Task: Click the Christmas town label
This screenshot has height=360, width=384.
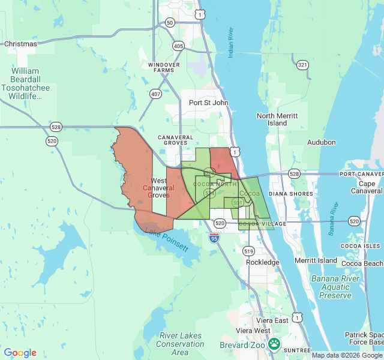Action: (20, 44)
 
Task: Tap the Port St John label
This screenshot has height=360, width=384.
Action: (208, 103)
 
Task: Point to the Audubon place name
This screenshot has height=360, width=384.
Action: (321, 142)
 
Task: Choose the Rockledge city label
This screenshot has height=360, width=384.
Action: (263, 262)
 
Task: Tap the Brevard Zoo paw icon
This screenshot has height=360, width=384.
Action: (274, 344)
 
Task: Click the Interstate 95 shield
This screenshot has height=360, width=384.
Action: (214, 238)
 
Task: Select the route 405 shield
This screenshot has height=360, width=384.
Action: (178, 46)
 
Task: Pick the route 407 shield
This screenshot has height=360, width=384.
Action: (155, 94)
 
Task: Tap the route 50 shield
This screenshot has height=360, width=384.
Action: (170, 23)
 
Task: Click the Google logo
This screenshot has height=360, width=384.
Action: (20, 353)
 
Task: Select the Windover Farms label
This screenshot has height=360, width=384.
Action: (161, 67)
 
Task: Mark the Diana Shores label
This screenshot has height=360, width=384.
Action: (291, 194)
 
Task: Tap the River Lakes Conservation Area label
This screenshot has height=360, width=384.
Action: (180, 344)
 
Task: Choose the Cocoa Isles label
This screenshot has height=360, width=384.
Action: (361, 246)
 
